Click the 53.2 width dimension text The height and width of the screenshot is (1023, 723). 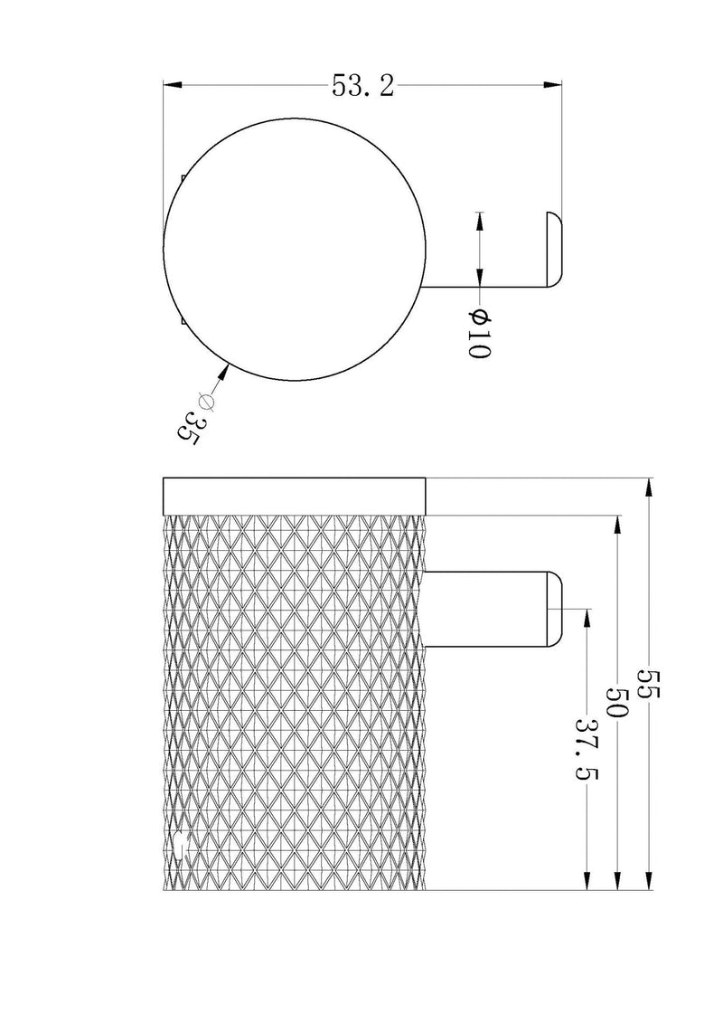coord(362,85)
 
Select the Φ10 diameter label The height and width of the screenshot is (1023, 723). coord(478,333)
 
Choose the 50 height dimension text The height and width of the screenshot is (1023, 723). coord(616,701)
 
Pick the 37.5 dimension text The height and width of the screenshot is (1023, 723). coord(587,749)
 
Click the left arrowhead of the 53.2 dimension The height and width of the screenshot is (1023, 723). coord(172,84)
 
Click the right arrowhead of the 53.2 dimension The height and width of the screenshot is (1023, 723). coord(553,84)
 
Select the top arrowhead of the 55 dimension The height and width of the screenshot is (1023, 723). coord(649,488)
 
